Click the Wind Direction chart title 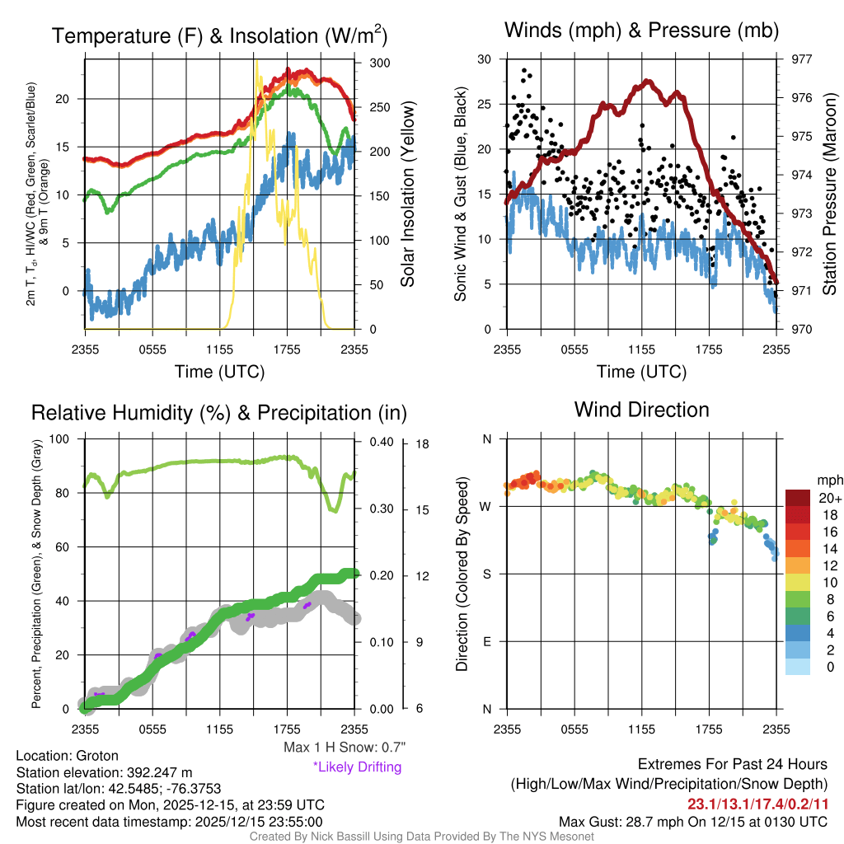click(x=641, y=410)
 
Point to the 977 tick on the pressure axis click(x=801, y=59)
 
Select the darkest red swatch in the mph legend click(x=799, y=498)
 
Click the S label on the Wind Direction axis click(x=486, y=574)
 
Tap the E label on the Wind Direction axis click(x=486, y=641)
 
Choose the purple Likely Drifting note click(x=357, y=767)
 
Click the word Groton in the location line click(x=97, y=756)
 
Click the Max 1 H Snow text click(x=344, y=748)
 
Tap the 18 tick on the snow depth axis click(x=423, y=443)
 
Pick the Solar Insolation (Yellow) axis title click(x=407, y=194)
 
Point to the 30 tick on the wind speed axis click(x=485, y=59)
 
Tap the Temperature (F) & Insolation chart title click(x=219, y=36)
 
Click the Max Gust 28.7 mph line click(x=692, y=822)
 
